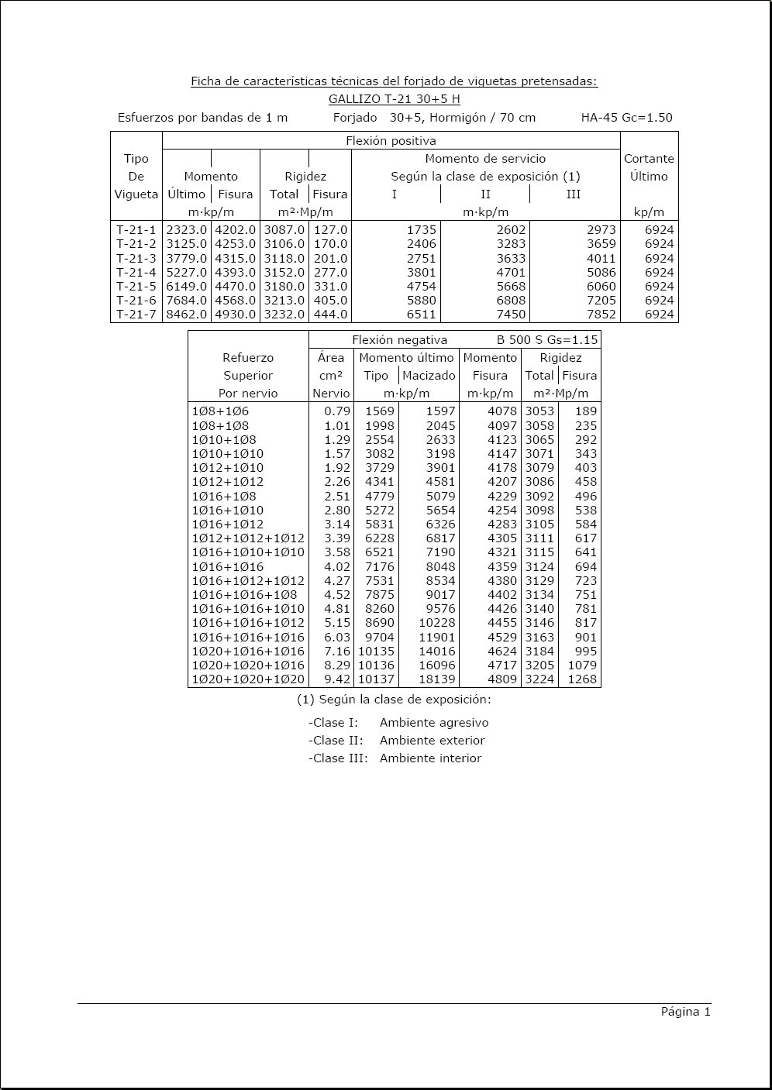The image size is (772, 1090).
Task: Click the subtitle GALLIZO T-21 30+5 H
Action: [394, 99]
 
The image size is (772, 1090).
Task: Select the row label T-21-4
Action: [136, 273]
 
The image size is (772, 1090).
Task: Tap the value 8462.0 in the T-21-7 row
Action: [187, 315]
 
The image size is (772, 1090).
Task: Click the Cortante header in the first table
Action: [649, 159]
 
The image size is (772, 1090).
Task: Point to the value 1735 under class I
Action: [422, 230]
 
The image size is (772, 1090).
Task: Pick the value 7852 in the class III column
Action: [601, 315]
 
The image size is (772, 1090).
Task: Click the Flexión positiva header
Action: [391, 141]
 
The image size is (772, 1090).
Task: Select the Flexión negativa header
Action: [399, 339]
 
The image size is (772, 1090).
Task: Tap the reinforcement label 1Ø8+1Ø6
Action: [220, 411]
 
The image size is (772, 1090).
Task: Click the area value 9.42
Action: [337, 679]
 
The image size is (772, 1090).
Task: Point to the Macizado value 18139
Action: [438, 679]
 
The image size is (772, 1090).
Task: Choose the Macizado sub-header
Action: [429, 376]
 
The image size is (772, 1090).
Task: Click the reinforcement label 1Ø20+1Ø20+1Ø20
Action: [248, 679]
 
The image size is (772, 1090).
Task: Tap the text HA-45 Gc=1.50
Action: [626, 118]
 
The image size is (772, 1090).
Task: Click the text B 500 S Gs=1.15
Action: [547, 339]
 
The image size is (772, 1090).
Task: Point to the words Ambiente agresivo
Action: [434, 723]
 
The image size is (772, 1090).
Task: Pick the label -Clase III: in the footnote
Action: [338, 758]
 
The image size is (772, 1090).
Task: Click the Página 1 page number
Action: [685, 1012]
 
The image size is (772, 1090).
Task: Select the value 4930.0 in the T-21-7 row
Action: [235, 315]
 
